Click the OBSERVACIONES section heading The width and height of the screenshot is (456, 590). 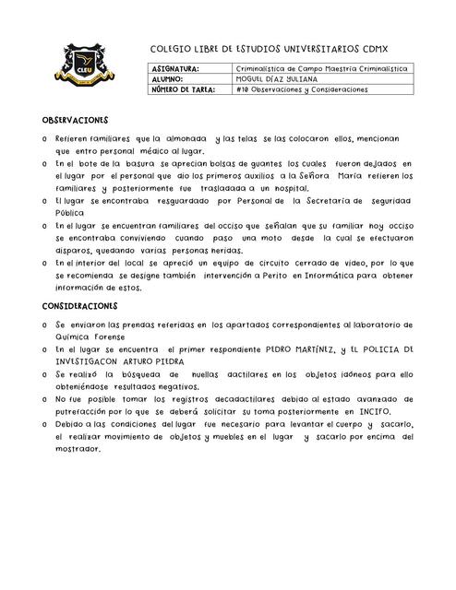[76, 121]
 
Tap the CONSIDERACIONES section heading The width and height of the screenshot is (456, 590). [79, 305]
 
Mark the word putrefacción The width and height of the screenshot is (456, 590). [92, 411]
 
